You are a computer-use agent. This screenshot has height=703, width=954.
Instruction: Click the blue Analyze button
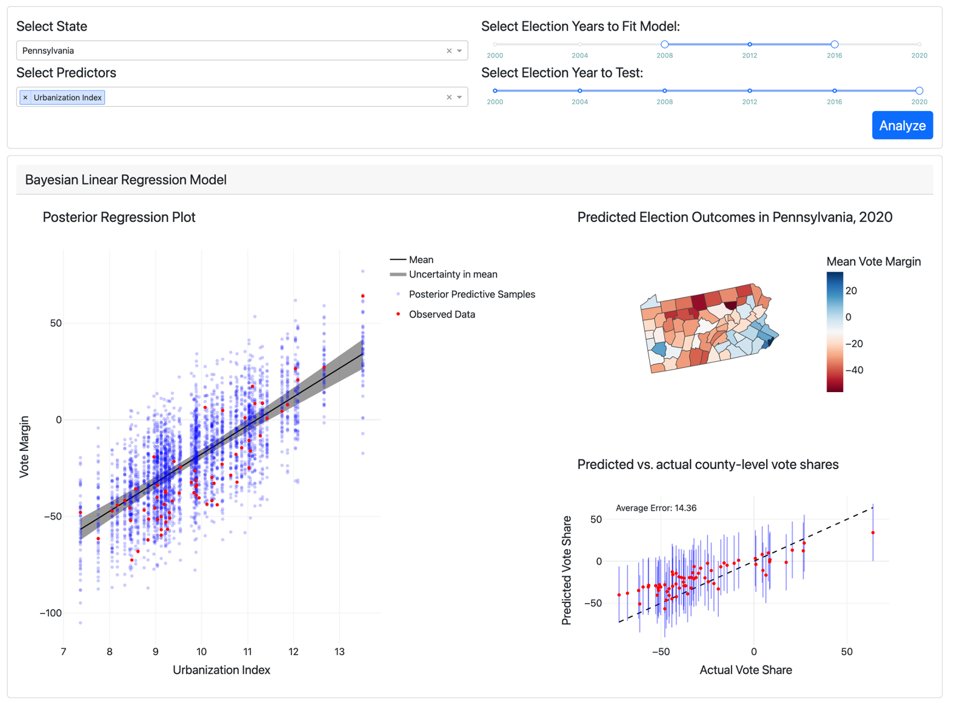(x=902, y=125)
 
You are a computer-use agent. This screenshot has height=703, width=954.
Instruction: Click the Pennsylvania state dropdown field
(x=230, y=50)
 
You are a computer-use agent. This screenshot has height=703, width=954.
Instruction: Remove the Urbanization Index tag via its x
(x=25, y=98)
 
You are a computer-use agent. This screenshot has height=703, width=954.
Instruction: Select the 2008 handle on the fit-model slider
(x=664, y=44)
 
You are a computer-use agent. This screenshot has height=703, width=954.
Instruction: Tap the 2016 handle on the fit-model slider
(x=834, y=44)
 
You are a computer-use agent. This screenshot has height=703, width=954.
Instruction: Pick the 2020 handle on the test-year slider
(x=919, y=91)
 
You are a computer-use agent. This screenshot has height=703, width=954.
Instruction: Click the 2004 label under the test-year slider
(x=579, y=102)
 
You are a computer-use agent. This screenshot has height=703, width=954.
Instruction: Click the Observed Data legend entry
(x=441, y=315)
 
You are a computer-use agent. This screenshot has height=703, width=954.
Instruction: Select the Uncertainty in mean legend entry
(x=453, y=275)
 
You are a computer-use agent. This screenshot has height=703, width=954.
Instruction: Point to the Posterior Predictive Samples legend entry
(x=472, y=295)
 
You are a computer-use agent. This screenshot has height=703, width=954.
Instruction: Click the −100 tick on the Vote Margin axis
(x=51, y=613)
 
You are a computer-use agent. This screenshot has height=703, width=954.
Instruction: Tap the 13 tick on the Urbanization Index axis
(x=339, y=651)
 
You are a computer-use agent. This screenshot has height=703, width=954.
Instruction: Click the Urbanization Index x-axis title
(x=221, y=670)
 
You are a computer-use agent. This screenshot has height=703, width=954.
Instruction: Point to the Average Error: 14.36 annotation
(x=656, y=508)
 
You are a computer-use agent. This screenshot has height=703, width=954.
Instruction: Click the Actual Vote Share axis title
(x=746, y=670)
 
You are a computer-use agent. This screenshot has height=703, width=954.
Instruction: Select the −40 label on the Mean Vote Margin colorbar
(x=855, y=370)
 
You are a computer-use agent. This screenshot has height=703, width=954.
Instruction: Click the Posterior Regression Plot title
(x=119, y=217)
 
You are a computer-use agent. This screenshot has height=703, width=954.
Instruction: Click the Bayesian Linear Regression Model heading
(x=125, y=180)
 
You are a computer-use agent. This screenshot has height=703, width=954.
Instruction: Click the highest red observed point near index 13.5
(x=363, y=296)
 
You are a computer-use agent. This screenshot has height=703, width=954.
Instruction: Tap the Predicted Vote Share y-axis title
(x=567, y=570)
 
